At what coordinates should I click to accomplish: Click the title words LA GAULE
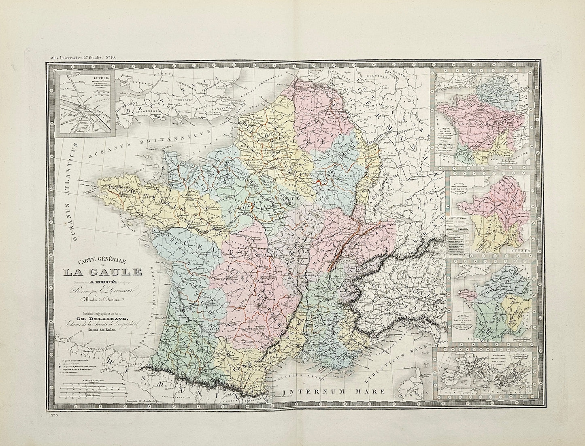pyautogui.click(x=102, y=271)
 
